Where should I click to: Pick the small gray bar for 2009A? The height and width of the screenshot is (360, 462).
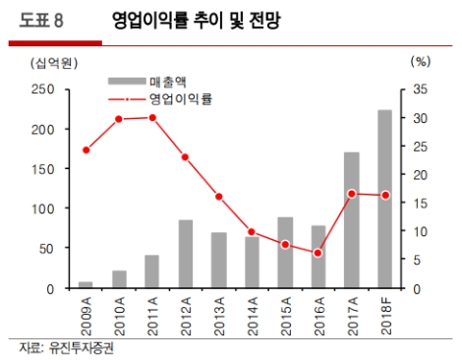tap(86, 284)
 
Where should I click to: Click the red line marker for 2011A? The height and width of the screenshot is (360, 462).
tap(152, 117)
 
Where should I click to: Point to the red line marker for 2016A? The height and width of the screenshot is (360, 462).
tap(318, 253)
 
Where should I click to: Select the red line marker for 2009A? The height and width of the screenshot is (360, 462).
tap(86, 150)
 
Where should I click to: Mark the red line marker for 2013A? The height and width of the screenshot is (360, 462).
tap(218, 197)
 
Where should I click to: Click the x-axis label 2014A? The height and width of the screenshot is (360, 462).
tap(253, 317)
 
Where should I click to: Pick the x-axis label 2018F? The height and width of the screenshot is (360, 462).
tap(385, 317)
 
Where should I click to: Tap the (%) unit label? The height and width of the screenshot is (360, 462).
tap(421, 62)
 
